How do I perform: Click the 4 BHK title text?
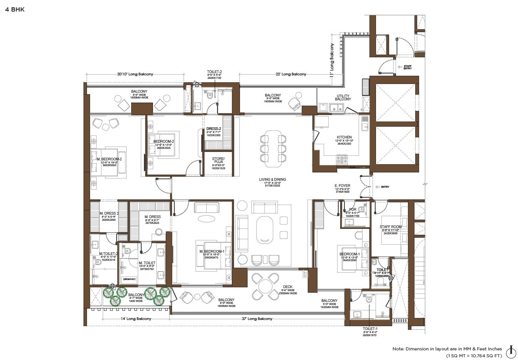click(x=15, y=9)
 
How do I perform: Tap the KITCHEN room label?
click(x=344, y=137)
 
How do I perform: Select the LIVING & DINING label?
click(x=272, y=180)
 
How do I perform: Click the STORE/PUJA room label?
click(x=218, y=160)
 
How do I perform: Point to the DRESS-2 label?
click(x=214, y=129)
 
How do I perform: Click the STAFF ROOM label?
click(x=391, y=227)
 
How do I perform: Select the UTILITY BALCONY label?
click(x=343, y=97)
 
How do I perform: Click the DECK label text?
click(x=287, y=287)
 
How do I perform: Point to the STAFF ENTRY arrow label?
click(x=407, y=67)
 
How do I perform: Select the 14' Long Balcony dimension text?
click(x=136, y=319)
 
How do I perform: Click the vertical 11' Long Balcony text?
click(x=332, y=61)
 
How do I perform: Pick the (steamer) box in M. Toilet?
click(x=129, y=279)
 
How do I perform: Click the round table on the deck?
click(x=266, y=286)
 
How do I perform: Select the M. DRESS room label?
click(x=152, y=217)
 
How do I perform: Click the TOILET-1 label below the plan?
click(x=370, y=329)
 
